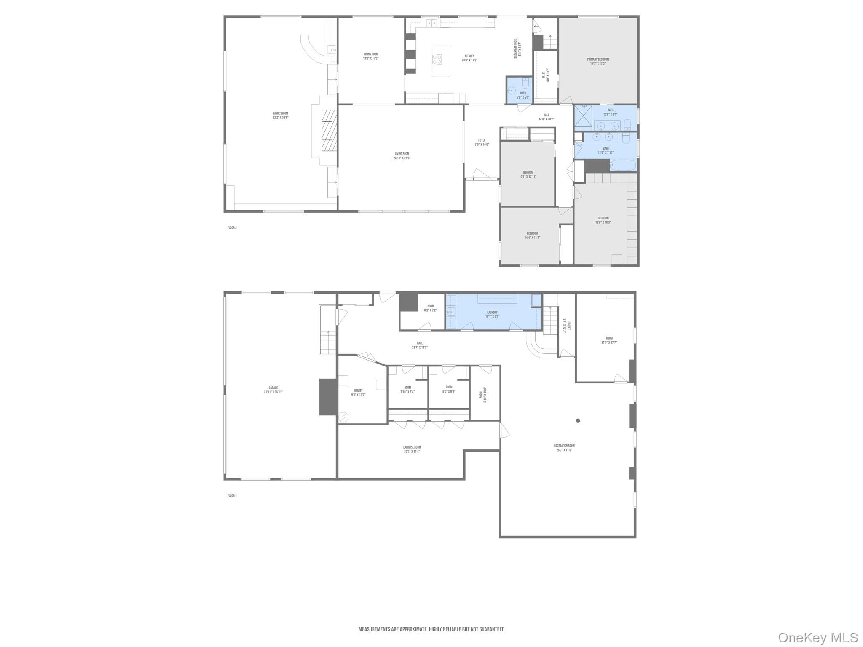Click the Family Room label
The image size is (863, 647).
click(280, 113)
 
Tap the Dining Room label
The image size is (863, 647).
click(371, 54)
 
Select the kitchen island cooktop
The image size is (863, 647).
click(437, 59)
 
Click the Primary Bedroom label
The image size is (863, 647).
click(598, 59)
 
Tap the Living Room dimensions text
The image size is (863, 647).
click(402, 158)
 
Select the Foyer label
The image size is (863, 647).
click(482, 140)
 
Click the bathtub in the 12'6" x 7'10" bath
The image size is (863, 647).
click(623, 165)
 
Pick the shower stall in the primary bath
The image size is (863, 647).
click(583, 116)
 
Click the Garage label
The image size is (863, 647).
click(273, 388)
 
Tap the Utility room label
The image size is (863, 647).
click(358, 390)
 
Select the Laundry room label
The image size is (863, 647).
click(492, 312)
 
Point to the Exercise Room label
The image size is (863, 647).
click(412, 447)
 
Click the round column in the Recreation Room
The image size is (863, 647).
click(578, 420)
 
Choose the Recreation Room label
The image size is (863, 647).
click(564, 446)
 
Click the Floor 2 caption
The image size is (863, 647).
click(232, 228)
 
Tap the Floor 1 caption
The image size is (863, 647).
click(232, 495)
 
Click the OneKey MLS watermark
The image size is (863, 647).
click(817, 637)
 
